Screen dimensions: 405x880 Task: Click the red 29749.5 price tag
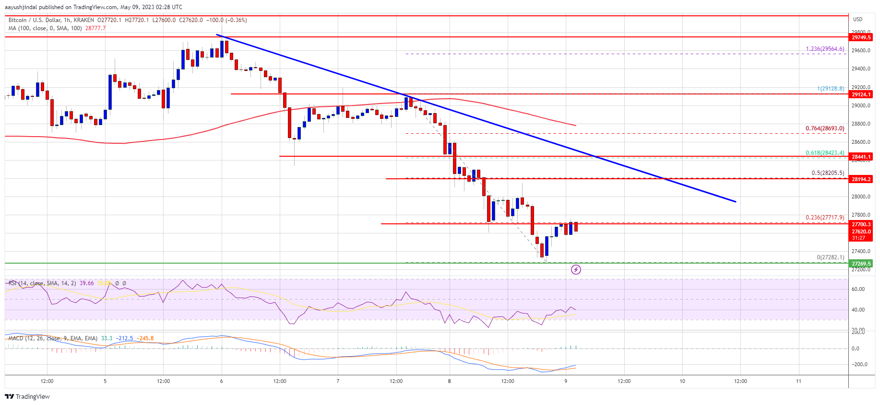click(x=861, y=37)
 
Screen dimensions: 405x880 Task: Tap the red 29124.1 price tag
click(x=861, y=94)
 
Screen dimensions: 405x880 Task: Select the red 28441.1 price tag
click(x=861, y=157)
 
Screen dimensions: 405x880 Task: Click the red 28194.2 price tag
click(x=861, y=179)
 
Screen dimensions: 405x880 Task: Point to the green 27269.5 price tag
click(x=861, y=264)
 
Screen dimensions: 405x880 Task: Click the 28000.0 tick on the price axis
click(x=861, y=197)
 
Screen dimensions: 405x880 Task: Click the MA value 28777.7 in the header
click(x=95, y=28)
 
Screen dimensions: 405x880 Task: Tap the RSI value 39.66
click(x=87, y=283)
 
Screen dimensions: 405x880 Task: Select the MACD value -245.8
click(x=145, y=338)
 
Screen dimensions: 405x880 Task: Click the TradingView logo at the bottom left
click(x=27, y=396)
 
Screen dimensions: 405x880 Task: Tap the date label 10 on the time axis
click(x=682, y=381)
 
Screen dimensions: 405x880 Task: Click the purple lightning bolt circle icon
click(x=576, y=270)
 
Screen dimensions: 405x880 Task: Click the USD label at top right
click(x=857, y=19)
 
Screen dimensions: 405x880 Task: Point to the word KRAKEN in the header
click(x=84, y=20)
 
